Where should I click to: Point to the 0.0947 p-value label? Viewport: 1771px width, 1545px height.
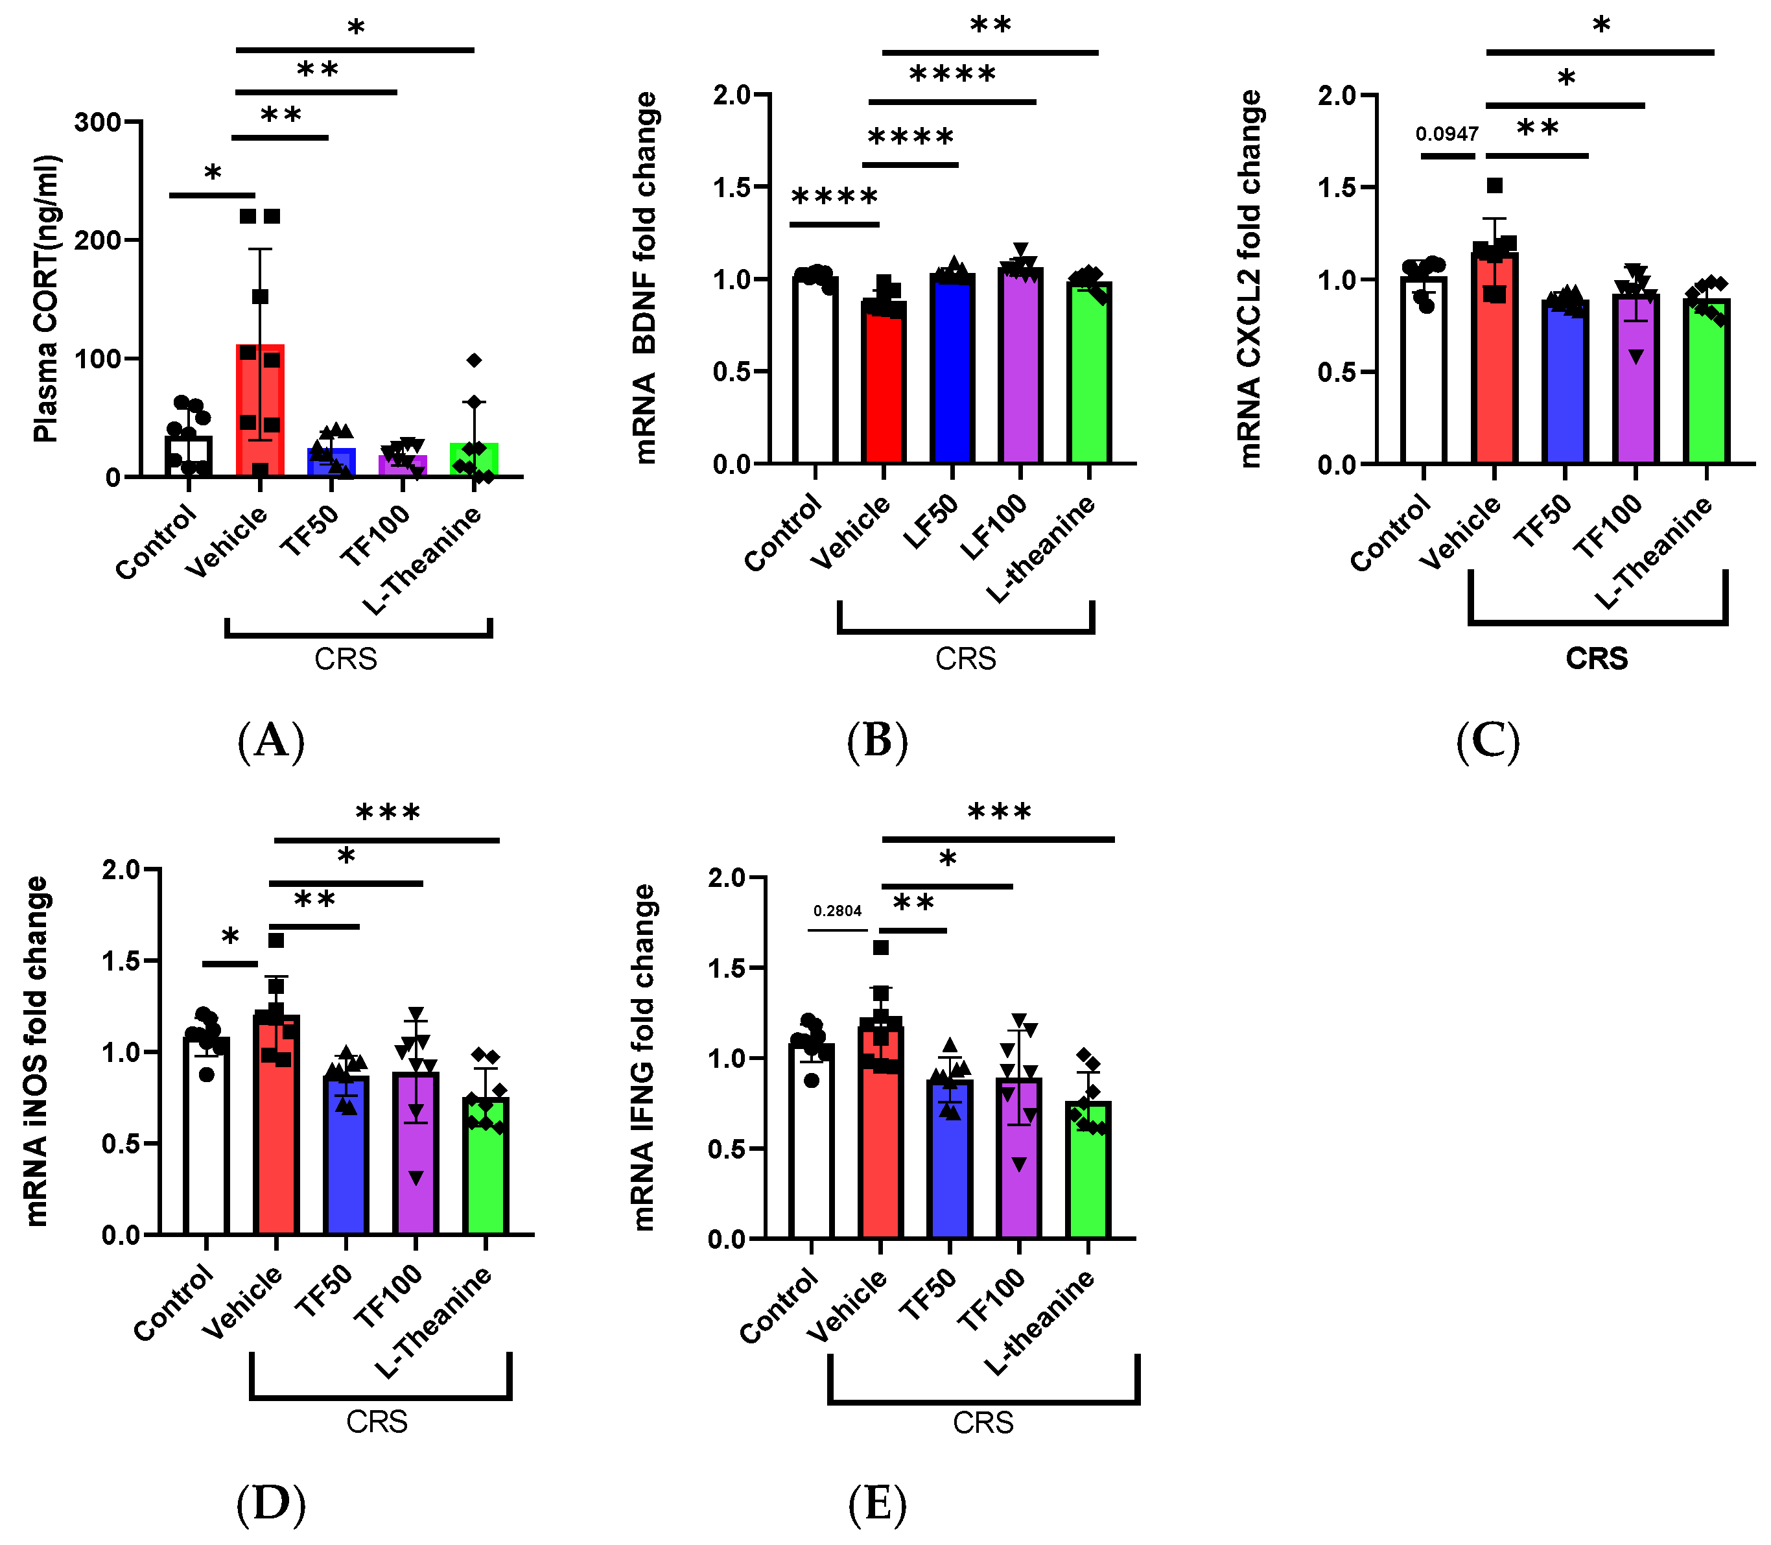[1447, 134]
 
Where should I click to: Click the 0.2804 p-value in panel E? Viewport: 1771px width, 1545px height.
[837, 910]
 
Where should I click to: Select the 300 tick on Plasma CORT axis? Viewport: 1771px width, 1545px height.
[97, 122]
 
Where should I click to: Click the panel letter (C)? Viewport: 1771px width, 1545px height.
[1488, 740]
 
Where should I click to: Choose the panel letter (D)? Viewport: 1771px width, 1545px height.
[270, 1503]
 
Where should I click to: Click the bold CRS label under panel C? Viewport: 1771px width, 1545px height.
[1596, 659]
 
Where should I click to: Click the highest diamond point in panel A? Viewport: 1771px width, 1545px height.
[474, 360]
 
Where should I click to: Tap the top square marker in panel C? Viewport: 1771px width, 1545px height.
[1495, 185]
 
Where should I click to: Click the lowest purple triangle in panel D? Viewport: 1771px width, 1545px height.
[416, 1178]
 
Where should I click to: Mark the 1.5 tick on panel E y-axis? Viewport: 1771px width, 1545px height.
[728, 967]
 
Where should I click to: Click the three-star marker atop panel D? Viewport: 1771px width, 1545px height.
[388, 812]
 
